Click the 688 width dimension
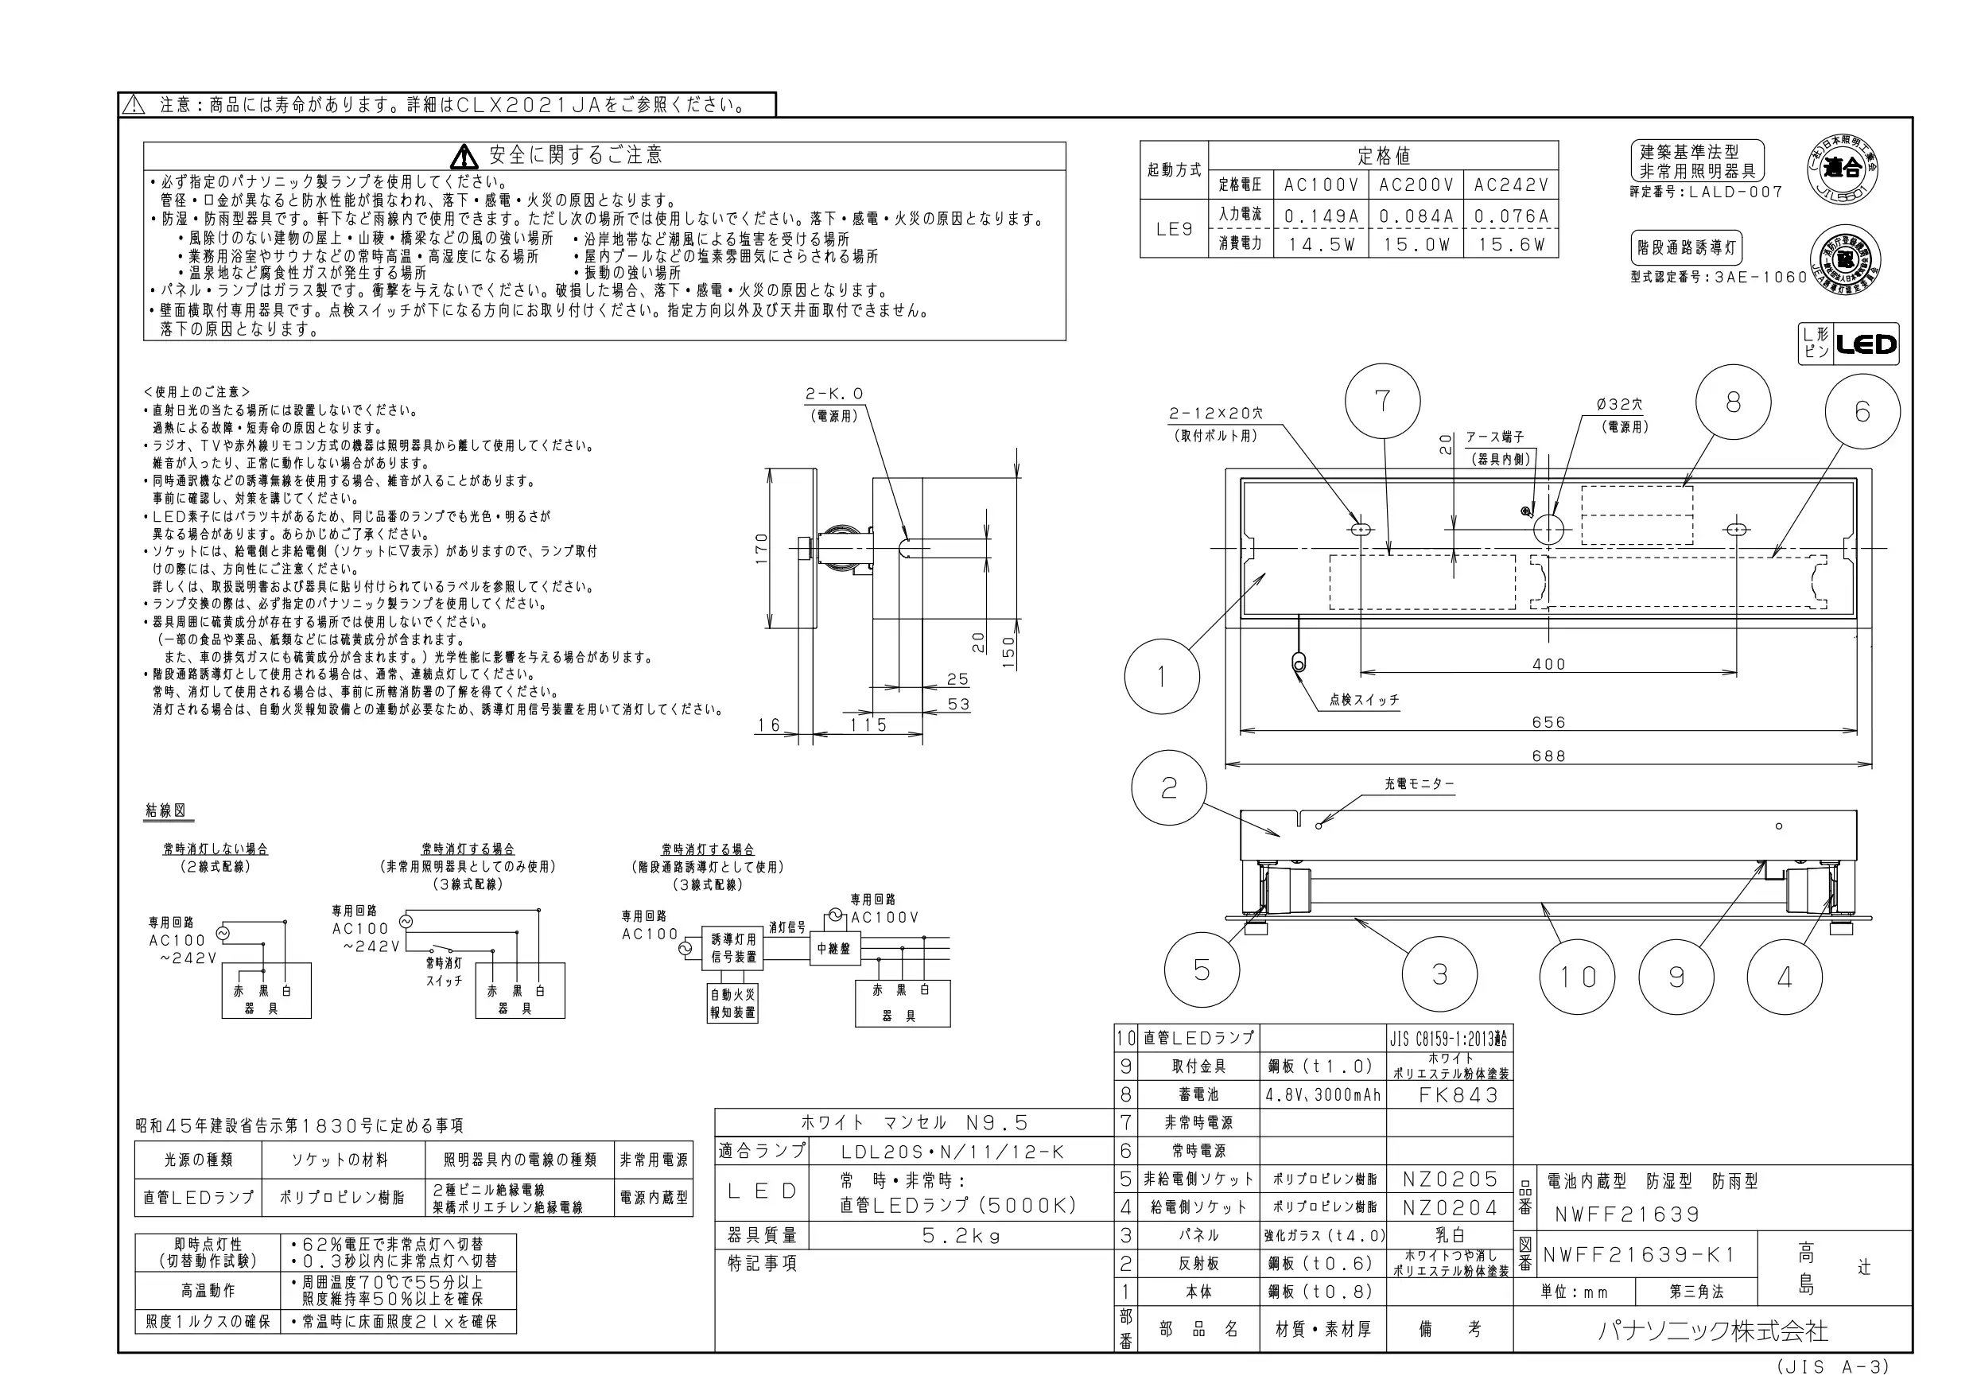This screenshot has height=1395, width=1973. tap(1548, 756)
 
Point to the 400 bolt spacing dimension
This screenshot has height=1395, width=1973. tap(1548, 664)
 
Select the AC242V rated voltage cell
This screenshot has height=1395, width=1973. tap(1511, 185)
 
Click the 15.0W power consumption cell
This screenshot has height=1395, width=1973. tap(1416, 245)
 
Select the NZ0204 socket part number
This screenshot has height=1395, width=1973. tap(1450, 1207)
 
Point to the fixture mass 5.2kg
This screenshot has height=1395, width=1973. tap(961, 1236)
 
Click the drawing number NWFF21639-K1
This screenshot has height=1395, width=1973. tap(1639, 1255)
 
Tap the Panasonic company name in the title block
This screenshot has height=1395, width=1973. tap(1713, 1331)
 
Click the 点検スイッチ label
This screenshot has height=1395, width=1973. tap(1364, 700)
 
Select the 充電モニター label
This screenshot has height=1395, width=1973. tap(1419, 784)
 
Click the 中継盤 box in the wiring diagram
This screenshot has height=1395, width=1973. tap(833, 949)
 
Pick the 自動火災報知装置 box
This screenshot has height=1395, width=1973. tap(732, 1003)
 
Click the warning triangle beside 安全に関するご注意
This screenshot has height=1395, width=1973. tap(464, 157)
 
